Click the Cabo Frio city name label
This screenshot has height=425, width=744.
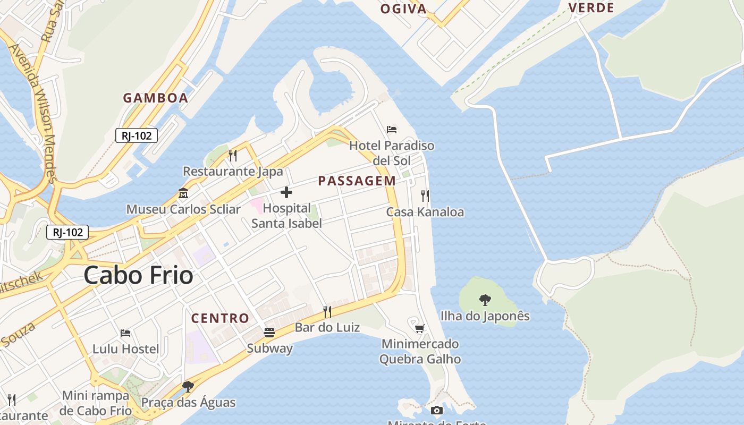click(138, 275)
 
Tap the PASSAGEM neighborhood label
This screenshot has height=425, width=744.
click(357, 181)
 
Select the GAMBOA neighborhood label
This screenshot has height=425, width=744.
click(156, 98)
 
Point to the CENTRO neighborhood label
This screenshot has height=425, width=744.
click(220, 318)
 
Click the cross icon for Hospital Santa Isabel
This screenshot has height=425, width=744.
click(286, 192)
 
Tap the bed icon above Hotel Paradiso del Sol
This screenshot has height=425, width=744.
click(392, 129)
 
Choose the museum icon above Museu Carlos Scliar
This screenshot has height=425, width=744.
click(183, 193)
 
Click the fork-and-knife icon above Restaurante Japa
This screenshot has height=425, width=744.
click(233, 155)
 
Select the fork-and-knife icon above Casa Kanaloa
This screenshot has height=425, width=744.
click(425, 196)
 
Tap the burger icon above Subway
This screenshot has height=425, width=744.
click(269, 333)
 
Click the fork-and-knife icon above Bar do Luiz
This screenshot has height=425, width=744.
click(327, 311)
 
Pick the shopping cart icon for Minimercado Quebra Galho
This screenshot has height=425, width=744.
click(420, 328)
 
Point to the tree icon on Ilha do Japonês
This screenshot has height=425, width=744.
click(485, 300)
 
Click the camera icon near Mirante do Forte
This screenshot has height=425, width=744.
click(436, 410)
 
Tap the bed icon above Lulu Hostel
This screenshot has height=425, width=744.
click(125, 333)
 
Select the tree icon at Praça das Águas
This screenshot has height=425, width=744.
click(188, 386)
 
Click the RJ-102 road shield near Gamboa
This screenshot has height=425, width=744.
click(137, 135)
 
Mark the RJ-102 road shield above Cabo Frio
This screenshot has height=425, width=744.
click(67, 232)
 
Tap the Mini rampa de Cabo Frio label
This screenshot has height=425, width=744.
click(96, 403)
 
